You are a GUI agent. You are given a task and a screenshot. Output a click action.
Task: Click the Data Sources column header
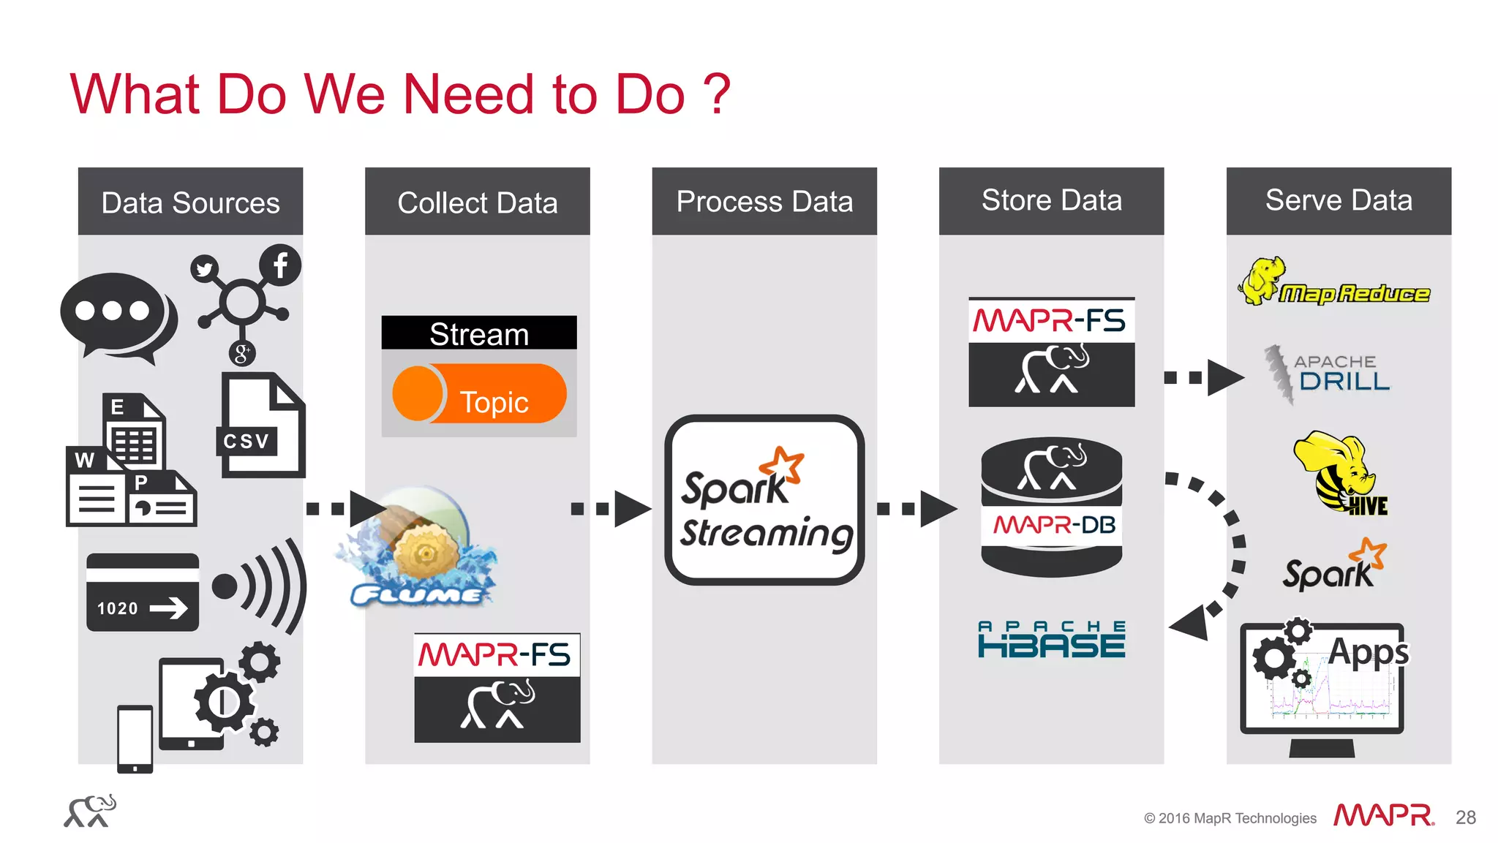point(190,202)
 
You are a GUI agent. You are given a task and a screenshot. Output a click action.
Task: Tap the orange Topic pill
point(480,395)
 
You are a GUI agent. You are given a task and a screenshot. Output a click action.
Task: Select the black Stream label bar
point(479,333)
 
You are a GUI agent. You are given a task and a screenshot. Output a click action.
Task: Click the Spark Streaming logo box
point(764,501)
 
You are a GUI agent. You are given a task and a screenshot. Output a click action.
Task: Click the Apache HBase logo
point(1051,640)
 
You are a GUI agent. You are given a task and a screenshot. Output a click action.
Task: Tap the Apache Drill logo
point(1328,374)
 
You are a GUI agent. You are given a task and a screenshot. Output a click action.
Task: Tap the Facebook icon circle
point(280,265)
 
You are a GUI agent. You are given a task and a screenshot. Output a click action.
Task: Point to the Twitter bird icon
point(205,269)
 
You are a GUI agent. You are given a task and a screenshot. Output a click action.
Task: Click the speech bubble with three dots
point(117,314)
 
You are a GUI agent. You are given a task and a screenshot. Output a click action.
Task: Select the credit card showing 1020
point(143,592)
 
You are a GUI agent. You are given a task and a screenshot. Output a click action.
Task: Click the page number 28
point(1465,817)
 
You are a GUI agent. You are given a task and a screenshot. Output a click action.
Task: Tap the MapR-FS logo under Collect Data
point(497,688)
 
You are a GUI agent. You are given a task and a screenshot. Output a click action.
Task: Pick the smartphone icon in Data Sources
point(135,738)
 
